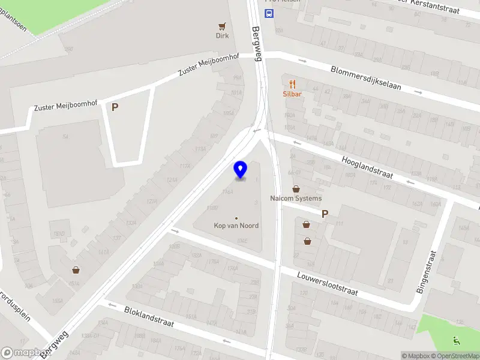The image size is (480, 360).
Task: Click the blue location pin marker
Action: point(240,169)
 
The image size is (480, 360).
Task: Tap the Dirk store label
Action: point(223,35)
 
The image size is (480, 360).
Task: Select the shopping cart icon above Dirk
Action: point(223,26)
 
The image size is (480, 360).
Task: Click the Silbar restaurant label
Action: point(292,94)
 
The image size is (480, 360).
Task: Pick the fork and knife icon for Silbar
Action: point(293,84)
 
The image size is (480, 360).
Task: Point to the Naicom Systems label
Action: point(296,198)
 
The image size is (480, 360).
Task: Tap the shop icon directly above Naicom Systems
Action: point(296,189)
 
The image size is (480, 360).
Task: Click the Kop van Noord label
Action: point(236,226)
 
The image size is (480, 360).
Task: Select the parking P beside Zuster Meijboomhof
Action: point(115,107)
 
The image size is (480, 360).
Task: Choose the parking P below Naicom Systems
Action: point(325,213)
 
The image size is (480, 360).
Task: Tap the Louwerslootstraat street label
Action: point(328,283)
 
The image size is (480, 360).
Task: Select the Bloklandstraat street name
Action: point(149,316)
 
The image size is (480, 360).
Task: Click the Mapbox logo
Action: point(24,353)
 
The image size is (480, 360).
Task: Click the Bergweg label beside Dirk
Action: point(257,44)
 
